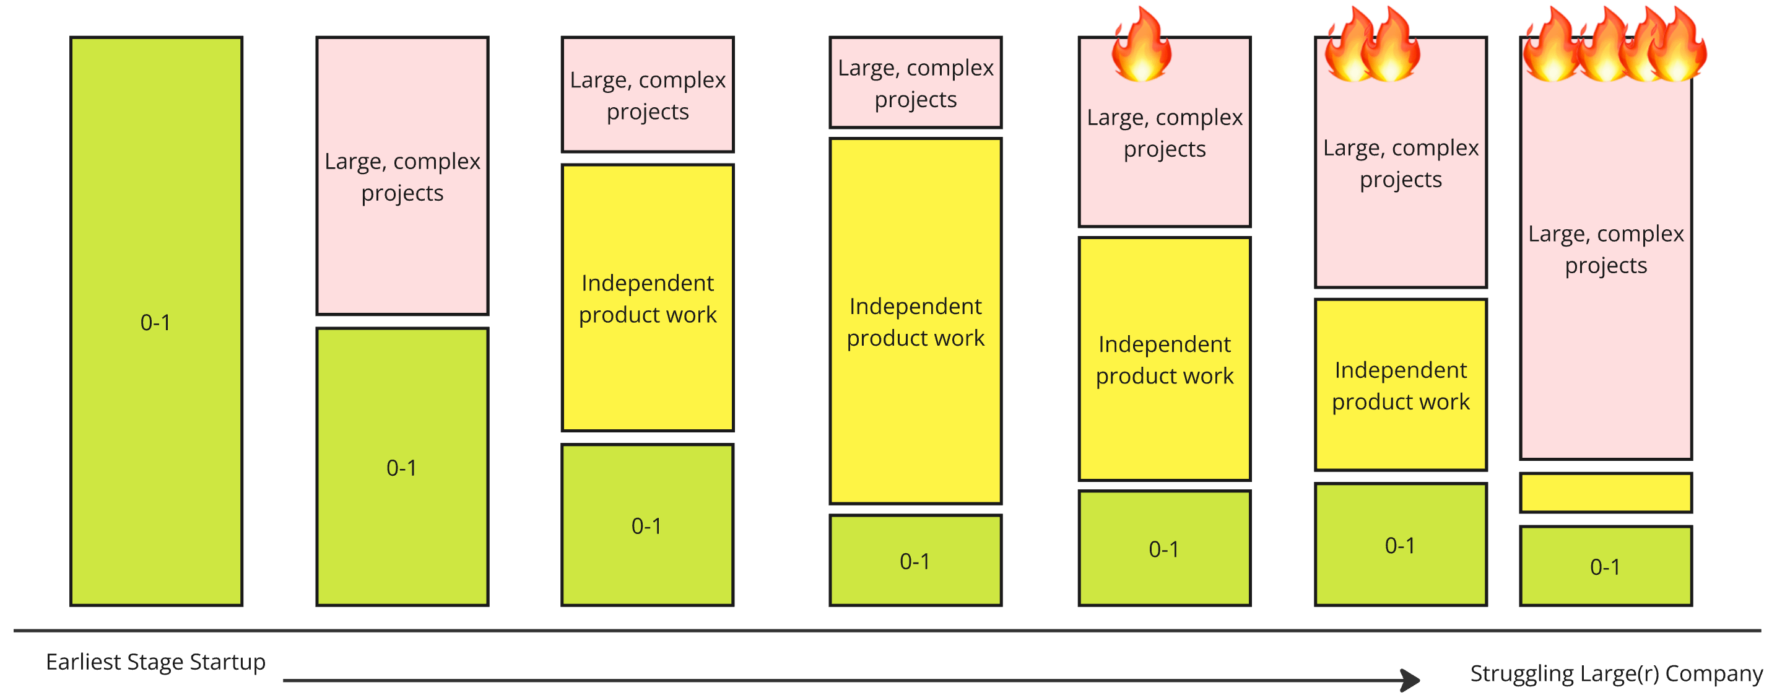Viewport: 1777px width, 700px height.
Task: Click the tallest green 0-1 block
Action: [156, 322]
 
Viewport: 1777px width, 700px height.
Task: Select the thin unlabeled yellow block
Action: [1606, 493]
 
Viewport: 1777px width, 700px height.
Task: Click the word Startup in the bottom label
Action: [228, 662]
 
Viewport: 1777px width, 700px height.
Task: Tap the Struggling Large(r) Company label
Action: [1615, 673]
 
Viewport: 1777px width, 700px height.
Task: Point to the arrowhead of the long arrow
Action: [1410, 680]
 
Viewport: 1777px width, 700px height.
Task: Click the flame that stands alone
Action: [1142, 44]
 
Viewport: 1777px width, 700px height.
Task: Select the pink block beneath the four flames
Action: [1606, 248]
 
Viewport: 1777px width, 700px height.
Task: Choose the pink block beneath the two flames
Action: [1401, 163]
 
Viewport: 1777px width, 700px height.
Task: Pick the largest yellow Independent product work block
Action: [915, 321]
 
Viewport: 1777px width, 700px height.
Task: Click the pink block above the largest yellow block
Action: [915, 83]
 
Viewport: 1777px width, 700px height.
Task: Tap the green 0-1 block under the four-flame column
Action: [1606, 566]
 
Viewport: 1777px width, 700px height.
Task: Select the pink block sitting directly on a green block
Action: [402, 176]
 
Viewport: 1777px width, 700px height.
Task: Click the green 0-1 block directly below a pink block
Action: [402, 466]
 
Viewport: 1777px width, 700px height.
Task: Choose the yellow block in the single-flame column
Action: [1165, 359]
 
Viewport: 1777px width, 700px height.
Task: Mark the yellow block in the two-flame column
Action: [1401, 385]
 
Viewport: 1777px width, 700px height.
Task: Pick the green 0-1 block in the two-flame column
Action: [1401, 545]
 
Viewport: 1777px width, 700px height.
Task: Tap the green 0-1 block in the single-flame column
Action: [1165, 549]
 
